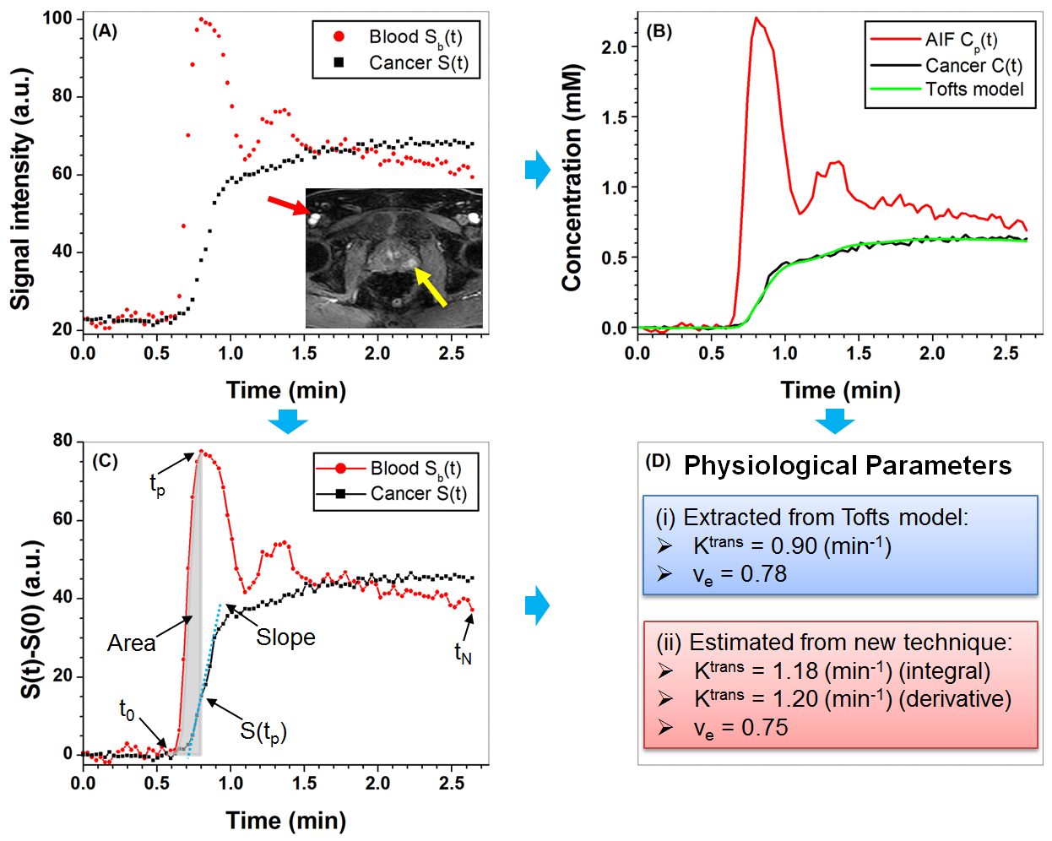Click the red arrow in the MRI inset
tap(287, 206)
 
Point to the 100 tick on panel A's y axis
tap(62, 19)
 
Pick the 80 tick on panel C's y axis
tap(62, 441)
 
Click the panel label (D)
tap(658, 461)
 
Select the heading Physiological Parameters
tap(847, 465)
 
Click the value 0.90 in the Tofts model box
tap(794, 546)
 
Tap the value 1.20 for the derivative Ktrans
tap(795, 699)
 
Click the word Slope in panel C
tap(285, 638)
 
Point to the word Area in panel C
tap(131, 643)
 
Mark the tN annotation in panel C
tap(463, 653)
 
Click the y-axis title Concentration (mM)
tap(572, 177)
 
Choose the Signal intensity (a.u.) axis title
tap(20, 190)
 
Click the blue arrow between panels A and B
tap(537, 170)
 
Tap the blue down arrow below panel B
tap(835, 420)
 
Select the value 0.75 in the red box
tap(764, 728)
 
